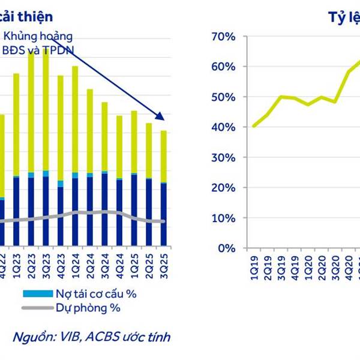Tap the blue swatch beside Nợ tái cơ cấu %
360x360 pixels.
[x=36, y=294]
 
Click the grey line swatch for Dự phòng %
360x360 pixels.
[x=36, y=308]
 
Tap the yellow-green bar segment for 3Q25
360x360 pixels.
[x=163, y=156]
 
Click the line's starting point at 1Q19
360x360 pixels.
[x=253, y=126]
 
